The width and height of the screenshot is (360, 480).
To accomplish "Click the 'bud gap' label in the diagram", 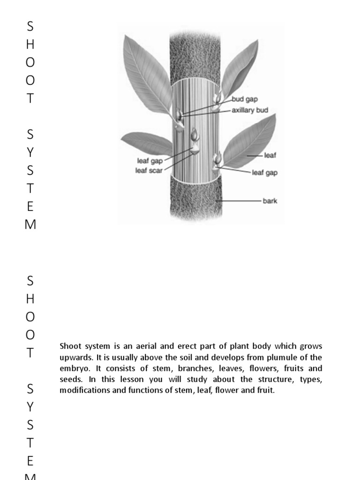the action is [x=245, y=99].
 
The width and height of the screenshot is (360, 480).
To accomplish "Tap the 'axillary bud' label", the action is [x=250, y=111].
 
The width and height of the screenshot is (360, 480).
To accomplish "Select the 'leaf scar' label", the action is [x=149, y=171].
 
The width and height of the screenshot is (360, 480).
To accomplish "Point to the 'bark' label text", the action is [x=270, y=201].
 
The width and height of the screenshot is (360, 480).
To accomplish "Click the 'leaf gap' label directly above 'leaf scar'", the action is [x=150, y=161].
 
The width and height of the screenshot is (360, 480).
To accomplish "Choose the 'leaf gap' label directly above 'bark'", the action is [x=265, y=172].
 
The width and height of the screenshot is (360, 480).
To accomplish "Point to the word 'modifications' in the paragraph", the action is [x=82, y=390].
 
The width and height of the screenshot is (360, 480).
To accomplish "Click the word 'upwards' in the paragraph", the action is [x=75, y=357].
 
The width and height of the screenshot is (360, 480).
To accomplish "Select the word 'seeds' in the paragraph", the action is [x=70, y=379].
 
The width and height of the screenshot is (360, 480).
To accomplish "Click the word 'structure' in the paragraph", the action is [x=258, y=379].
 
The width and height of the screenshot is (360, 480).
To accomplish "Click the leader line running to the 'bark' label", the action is [x=239, y=201].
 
